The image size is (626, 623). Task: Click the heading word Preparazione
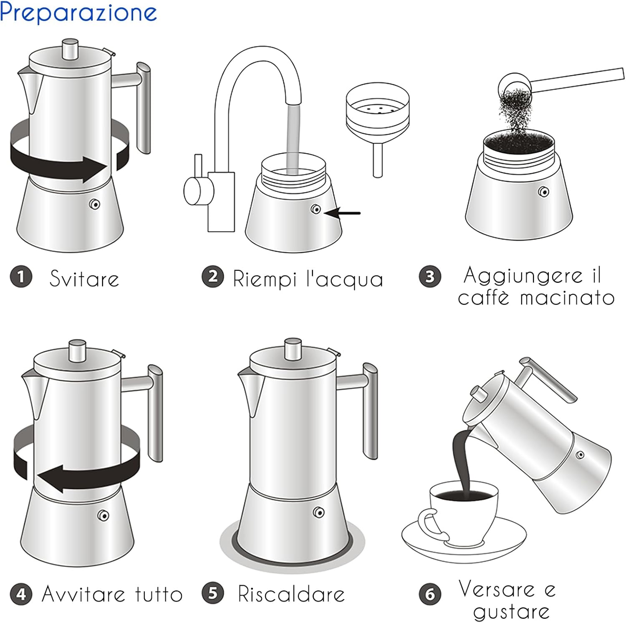(78, 13)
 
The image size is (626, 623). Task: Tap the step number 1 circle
(21, 277)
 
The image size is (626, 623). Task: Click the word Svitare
(84, 279)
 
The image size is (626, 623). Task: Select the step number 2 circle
(213, 277)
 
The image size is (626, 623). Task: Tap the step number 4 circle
(21, 594)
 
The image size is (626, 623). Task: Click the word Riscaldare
(291, 594)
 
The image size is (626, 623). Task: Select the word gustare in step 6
(511, 612)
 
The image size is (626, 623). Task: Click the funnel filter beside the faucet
(377, 121)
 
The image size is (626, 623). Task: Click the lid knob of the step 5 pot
(293, 348)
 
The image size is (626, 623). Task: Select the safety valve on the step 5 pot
(319, 512)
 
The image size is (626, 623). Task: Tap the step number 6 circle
(430, 594)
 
